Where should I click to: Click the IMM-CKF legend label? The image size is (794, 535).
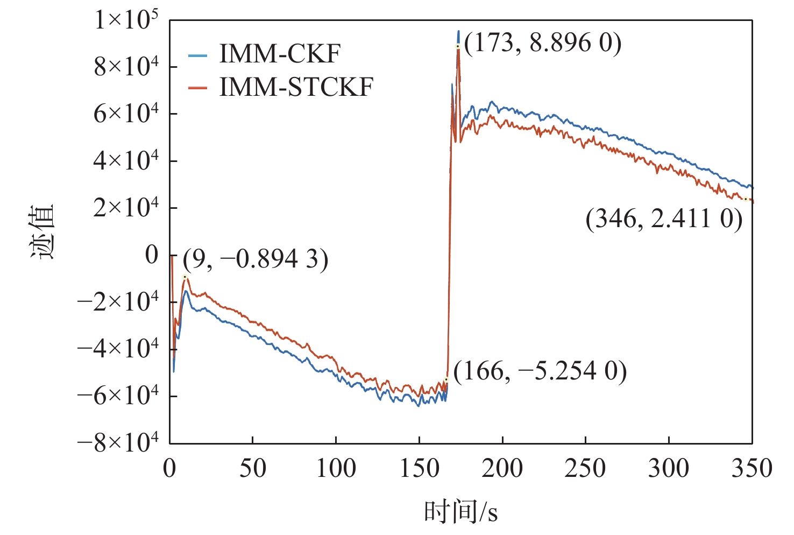point(279,54)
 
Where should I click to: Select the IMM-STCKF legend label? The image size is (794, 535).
point(296,87)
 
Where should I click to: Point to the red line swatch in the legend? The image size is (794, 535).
point(197,88)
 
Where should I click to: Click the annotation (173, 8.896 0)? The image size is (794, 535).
point(542,43)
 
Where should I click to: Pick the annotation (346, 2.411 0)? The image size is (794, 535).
point(664,219)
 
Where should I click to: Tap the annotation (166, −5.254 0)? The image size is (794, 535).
point(540,371)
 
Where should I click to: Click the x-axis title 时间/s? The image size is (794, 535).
point(460,511)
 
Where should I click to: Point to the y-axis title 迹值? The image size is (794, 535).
point(42,231)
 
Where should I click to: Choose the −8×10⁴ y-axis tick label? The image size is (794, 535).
point(118,442)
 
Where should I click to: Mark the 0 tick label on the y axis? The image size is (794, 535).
point(152,255)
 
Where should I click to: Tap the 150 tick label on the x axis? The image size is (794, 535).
point(419,468)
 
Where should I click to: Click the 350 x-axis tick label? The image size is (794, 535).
point(752,468)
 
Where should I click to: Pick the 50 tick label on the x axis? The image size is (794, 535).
point(252,468)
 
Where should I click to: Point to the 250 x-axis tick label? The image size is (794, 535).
point(585,468)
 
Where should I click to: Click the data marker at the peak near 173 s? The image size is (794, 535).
point(458,46)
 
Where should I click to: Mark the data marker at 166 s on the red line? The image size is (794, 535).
point(446,379)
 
